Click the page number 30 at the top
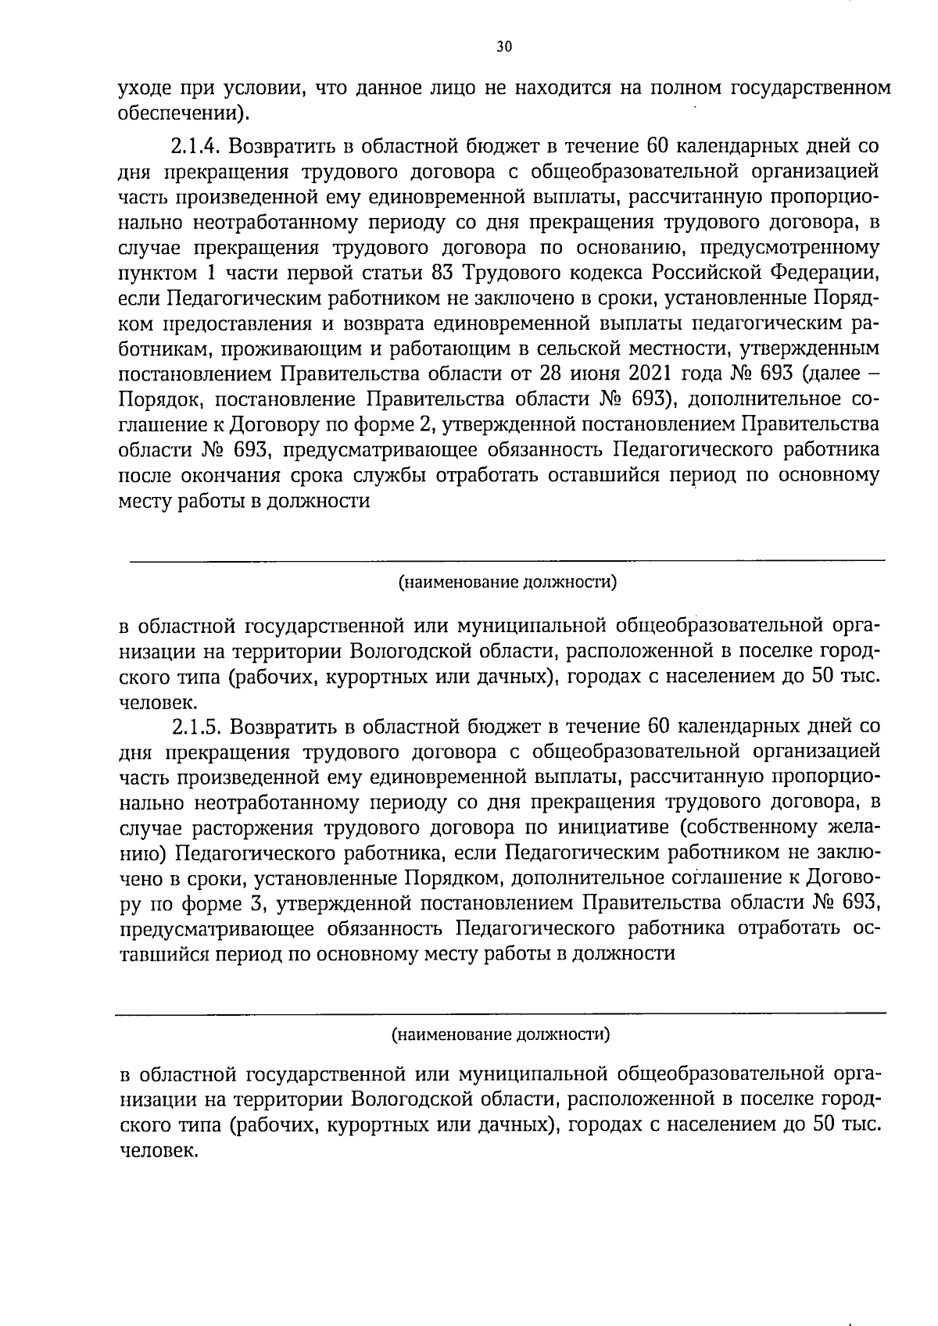tap(503, 47)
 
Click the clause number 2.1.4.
tap(195, 146)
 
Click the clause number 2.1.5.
tap(195, 727)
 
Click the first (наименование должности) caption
tap(507, 582)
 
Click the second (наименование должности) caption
tap(500, 1035)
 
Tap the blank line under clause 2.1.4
tap(507, 559)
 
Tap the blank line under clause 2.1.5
tap(500, 1013)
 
